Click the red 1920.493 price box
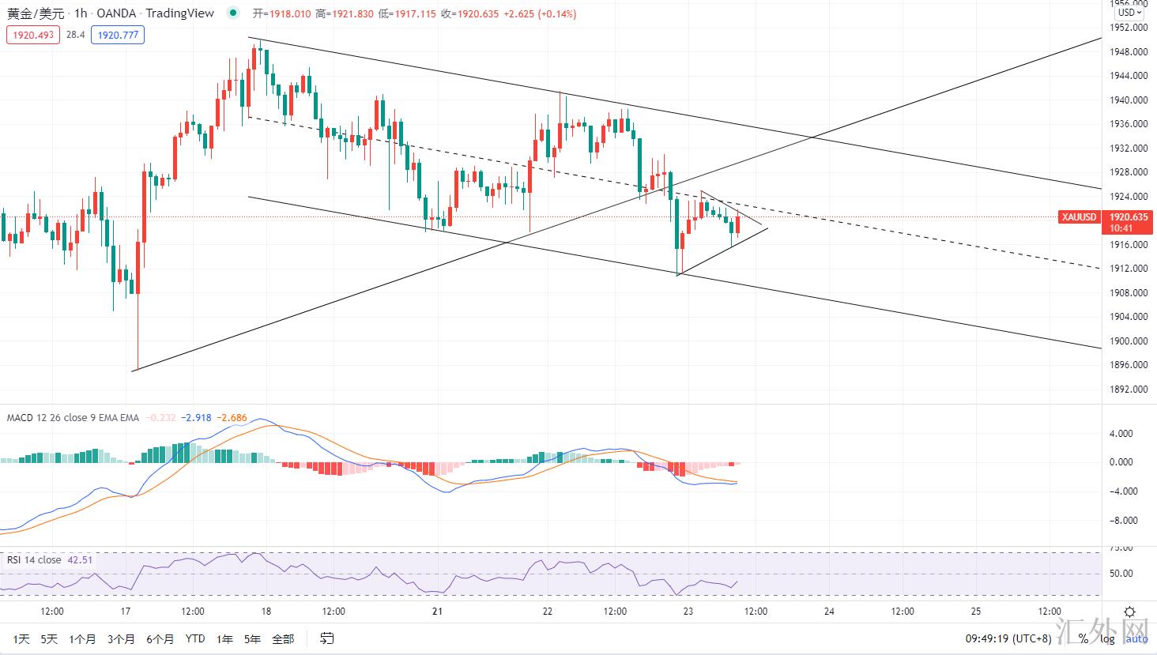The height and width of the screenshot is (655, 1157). pos(32,35)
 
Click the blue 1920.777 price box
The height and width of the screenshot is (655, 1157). pos(117,35)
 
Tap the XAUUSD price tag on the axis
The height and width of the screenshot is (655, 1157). pos(1079,217)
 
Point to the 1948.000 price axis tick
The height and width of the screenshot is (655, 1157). pos(1129,52)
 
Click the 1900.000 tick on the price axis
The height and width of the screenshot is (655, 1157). pos(1129,341)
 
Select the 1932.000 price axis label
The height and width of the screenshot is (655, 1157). pos(1129,149)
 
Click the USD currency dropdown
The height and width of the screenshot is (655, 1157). pos(1128,13)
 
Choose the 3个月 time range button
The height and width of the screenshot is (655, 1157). pos(121,638)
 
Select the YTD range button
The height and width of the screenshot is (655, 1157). pos(194,638)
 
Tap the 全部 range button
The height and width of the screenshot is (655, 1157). pos(282,638)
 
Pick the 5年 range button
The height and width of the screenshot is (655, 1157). pos(252,638)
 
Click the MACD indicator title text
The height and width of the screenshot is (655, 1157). pos(73,418)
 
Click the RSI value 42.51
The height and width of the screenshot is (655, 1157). pos(80,560)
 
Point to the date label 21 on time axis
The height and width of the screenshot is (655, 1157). pos(438,612)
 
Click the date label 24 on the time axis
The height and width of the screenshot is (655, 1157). pos(829,612)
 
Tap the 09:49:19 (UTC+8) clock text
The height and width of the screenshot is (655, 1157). pos(1008,638)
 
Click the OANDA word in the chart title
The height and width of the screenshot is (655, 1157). pos(115,13)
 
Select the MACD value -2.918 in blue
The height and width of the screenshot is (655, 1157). pos(196,418)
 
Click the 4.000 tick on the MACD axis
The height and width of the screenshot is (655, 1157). pos(1121,434)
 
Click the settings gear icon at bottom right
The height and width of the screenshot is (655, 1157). pos(1130,612)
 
